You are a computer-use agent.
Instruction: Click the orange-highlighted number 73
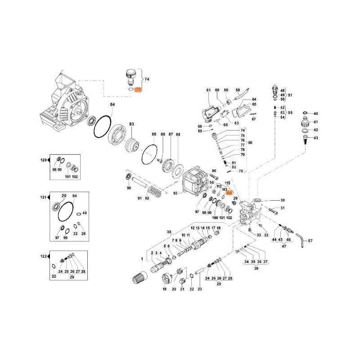tap(138, 90)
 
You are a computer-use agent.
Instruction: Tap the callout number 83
tap(132, 124)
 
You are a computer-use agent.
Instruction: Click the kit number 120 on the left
tap(43, 160)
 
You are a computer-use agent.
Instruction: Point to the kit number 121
tap(43, 198)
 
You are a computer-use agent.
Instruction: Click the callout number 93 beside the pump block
tap(176, 194)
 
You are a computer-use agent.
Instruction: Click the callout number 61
tap(208, 90)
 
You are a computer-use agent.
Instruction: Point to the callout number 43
tap(315, 138)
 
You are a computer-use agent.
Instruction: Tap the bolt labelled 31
tap(274, 209)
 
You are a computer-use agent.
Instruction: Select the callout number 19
tap(164, 289)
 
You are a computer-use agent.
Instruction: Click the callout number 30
tap(283, 200)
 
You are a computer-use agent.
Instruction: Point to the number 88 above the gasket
tap(178, 135)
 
